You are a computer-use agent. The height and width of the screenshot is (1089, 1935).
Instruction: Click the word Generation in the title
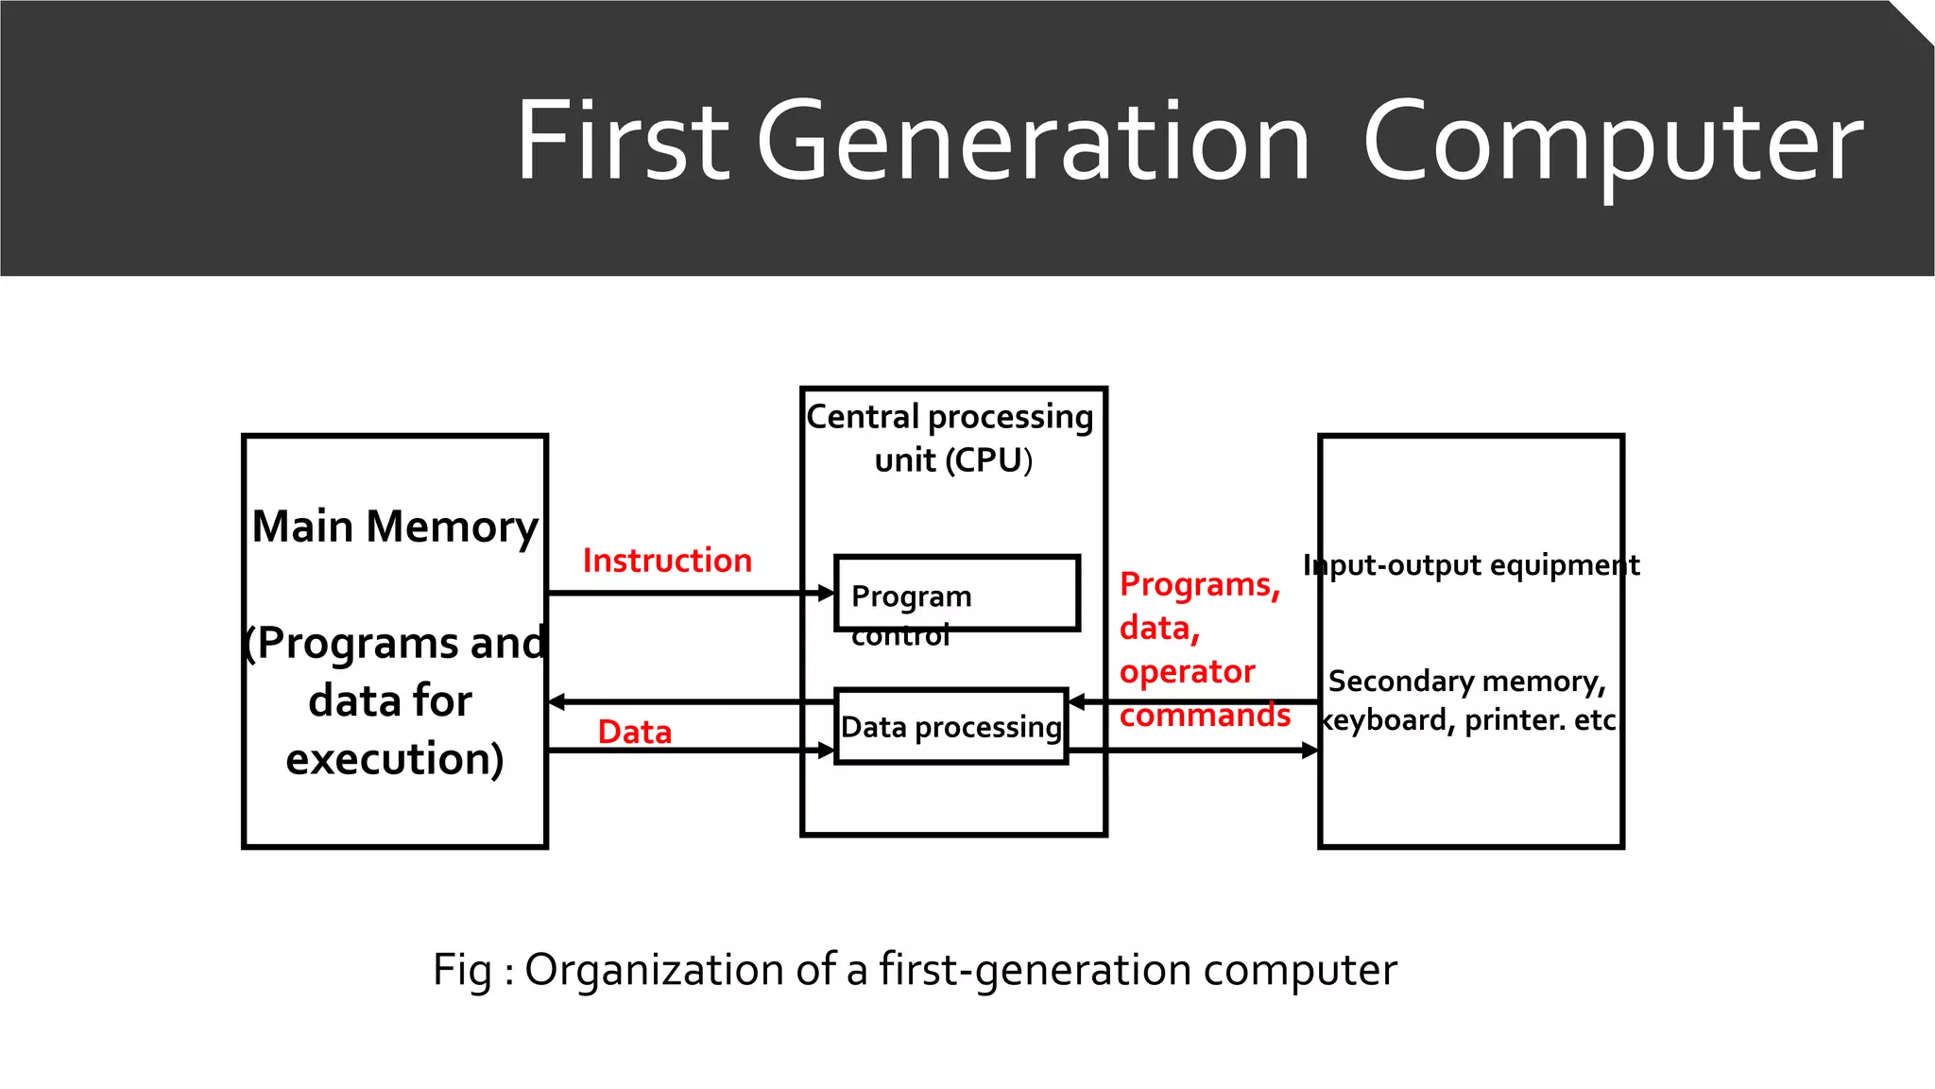coord(1033,142)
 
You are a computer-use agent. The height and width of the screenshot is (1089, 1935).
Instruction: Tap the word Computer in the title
coord(1612,142)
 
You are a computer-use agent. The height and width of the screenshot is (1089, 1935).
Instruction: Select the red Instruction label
coord(667,561)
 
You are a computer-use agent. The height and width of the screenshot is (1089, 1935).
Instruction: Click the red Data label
coord(634,732)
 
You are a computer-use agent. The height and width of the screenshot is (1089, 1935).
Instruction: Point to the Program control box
coord(956,594)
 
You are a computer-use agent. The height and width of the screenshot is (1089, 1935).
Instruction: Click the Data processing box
coord(950,726)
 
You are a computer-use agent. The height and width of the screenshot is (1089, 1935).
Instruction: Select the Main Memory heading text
coord(395,527)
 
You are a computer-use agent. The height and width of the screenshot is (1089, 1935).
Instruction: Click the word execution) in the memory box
coord(395,759)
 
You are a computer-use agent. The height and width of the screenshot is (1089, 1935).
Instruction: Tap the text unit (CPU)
coord(952,460)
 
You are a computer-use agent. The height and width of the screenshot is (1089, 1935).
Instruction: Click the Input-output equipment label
coord(1470,565)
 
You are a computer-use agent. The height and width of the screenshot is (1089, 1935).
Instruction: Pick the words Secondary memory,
coord(1466,681)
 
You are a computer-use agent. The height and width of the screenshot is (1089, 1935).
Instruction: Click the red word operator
coord(1187,671)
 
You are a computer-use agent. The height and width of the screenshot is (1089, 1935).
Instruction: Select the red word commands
coord(1205,716)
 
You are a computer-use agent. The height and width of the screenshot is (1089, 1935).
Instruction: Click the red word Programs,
coord(1199,585)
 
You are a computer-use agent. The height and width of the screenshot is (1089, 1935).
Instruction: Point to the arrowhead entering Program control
coord(827,593)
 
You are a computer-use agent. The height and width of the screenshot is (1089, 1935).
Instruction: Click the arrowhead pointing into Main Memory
coord(557,701)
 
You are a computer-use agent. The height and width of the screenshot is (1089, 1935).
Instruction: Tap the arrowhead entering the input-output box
coord(1310,750)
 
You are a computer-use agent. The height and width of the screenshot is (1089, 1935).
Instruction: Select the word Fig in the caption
coord(462,971)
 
